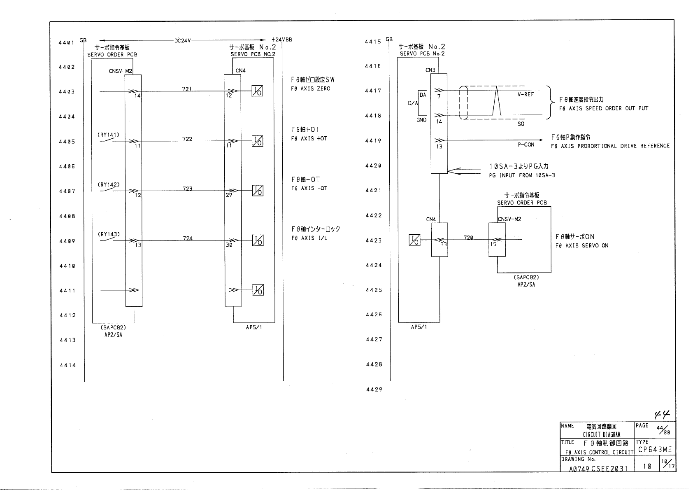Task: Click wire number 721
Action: pos(187,89)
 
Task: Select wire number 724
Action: pos(188,238)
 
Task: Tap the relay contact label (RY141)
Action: pos(109,135)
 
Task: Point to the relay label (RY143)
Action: pos(109,234)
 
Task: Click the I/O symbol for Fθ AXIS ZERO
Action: pos(258,91)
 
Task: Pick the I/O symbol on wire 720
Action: pos(414,240)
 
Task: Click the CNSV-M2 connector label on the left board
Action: pos(121,71)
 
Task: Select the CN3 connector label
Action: pos(430,70)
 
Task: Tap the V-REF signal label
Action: pos(526,94)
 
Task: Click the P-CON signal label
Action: pos(526,145)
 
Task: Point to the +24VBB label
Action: pos(282,40)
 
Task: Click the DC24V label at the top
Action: pos(183,40)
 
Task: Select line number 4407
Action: pos(67,191)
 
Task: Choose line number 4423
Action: pos(374,240)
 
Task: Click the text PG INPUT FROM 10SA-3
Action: pos(522,175)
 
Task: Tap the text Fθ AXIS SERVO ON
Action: pos(581,246)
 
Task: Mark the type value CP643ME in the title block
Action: pos(655,449)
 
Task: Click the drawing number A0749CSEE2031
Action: pos(598,469)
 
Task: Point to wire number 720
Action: pos(468,238)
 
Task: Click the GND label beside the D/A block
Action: pos(421,120)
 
